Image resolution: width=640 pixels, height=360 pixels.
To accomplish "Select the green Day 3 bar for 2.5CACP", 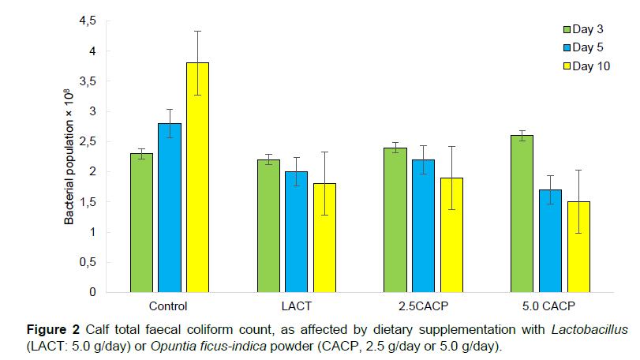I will pyautogui.click(x=395, y=220).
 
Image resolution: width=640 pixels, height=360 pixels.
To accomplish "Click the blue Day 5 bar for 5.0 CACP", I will pyautogui.click(x=550, y=241).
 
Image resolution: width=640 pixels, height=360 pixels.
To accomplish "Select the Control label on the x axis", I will pyautogui.click(x=168, y=305).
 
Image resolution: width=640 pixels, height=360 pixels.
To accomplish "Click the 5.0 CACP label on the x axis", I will pyautogui.click(x=549, y=305).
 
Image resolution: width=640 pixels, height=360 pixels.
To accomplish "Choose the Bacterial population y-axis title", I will pyautogui.click(x=69, y=159).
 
